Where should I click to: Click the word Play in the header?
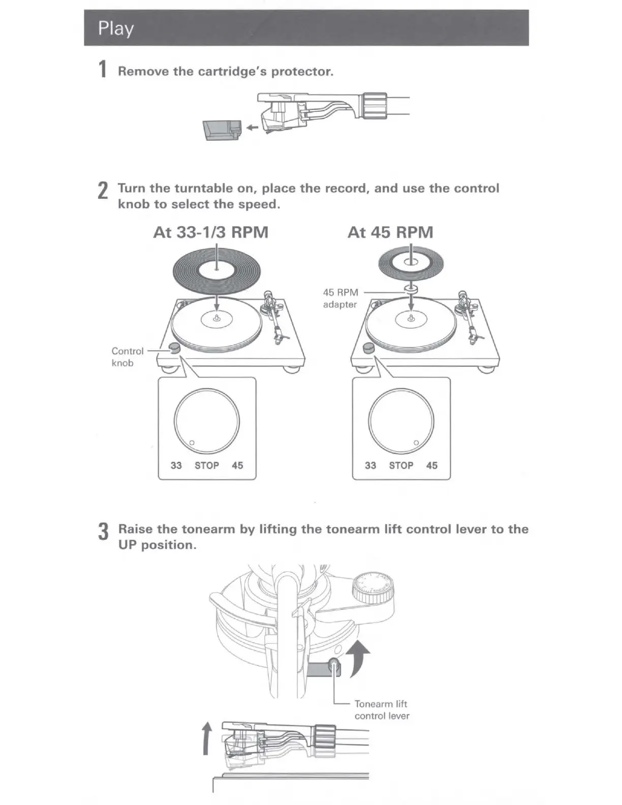pyautogui.click(x=116, y=28)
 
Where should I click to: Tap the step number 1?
pyautogui.click(x=103, y=69)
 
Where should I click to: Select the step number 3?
pyautogui.click(x=103, y=532)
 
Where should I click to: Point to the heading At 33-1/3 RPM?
pyautogui.click(x=211, y=232)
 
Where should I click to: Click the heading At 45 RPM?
pyautogui.click(x=390, y=232)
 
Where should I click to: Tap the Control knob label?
pyautogui.click(x=127, y=357)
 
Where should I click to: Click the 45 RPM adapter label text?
pyautogui.click(x=340, y=298)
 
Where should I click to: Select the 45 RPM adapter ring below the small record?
pyautogui.click(x=411, y=289)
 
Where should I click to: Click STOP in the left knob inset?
pyautogui.click(x=207, y=466)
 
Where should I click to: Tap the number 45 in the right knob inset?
pyautogui.click(x=432, y=466)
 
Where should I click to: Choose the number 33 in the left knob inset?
pyautogui.click(x=176, y=466)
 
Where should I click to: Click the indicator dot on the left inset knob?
pyautogui.click(x=192, y=443)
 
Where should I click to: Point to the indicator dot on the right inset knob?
pyautogui.click(x=416, y=443)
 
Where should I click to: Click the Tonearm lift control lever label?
pyautogui.click(x=382, y=709)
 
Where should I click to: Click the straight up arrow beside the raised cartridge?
pyautogui.click(x=206, y=739)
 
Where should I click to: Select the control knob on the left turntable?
pyautogui.click(x=174, y=348)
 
